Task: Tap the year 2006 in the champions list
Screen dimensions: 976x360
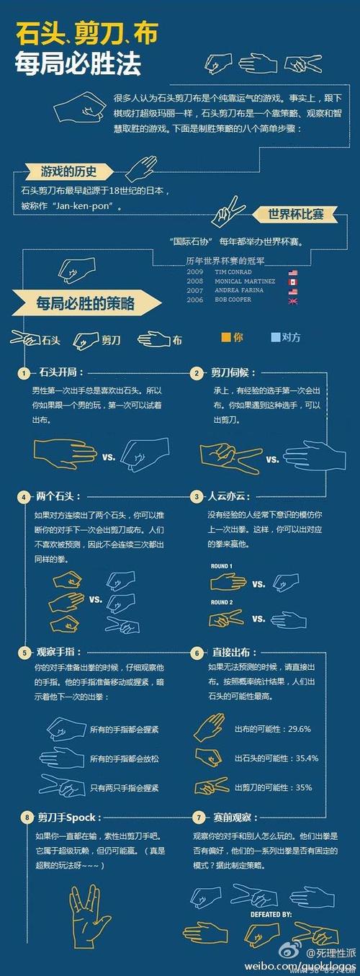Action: (194, 299)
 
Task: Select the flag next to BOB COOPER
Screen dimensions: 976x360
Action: (292, 300)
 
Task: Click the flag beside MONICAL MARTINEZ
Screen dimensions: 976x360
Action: (292, 282)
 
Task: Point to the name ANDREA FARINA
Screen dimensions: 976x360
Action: (238, 290)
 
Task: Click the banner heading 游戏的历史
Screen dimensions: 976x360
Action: (68, 171)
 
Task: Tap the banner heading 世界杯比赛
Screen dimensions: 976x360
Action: (296, 214)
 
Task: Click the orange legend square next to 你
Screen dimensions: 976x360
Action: (226, 336)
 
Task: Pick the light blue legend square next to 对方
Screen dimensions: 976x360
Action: (276, 336)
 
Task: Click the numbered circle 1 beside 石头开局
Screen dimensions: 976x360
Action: (24, 373)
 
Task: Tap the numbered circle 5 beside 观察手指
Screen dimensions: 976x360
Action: (24, 653)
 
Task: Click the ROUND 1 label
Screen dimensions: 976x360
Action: (221, 566)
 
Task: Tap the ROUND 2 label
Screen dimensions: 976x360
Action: (221, 602)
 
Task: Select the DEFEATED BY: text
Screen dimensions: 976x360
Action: (271, 914)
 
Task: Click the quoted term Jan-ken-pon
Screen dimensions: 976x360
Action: (89, 205)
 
